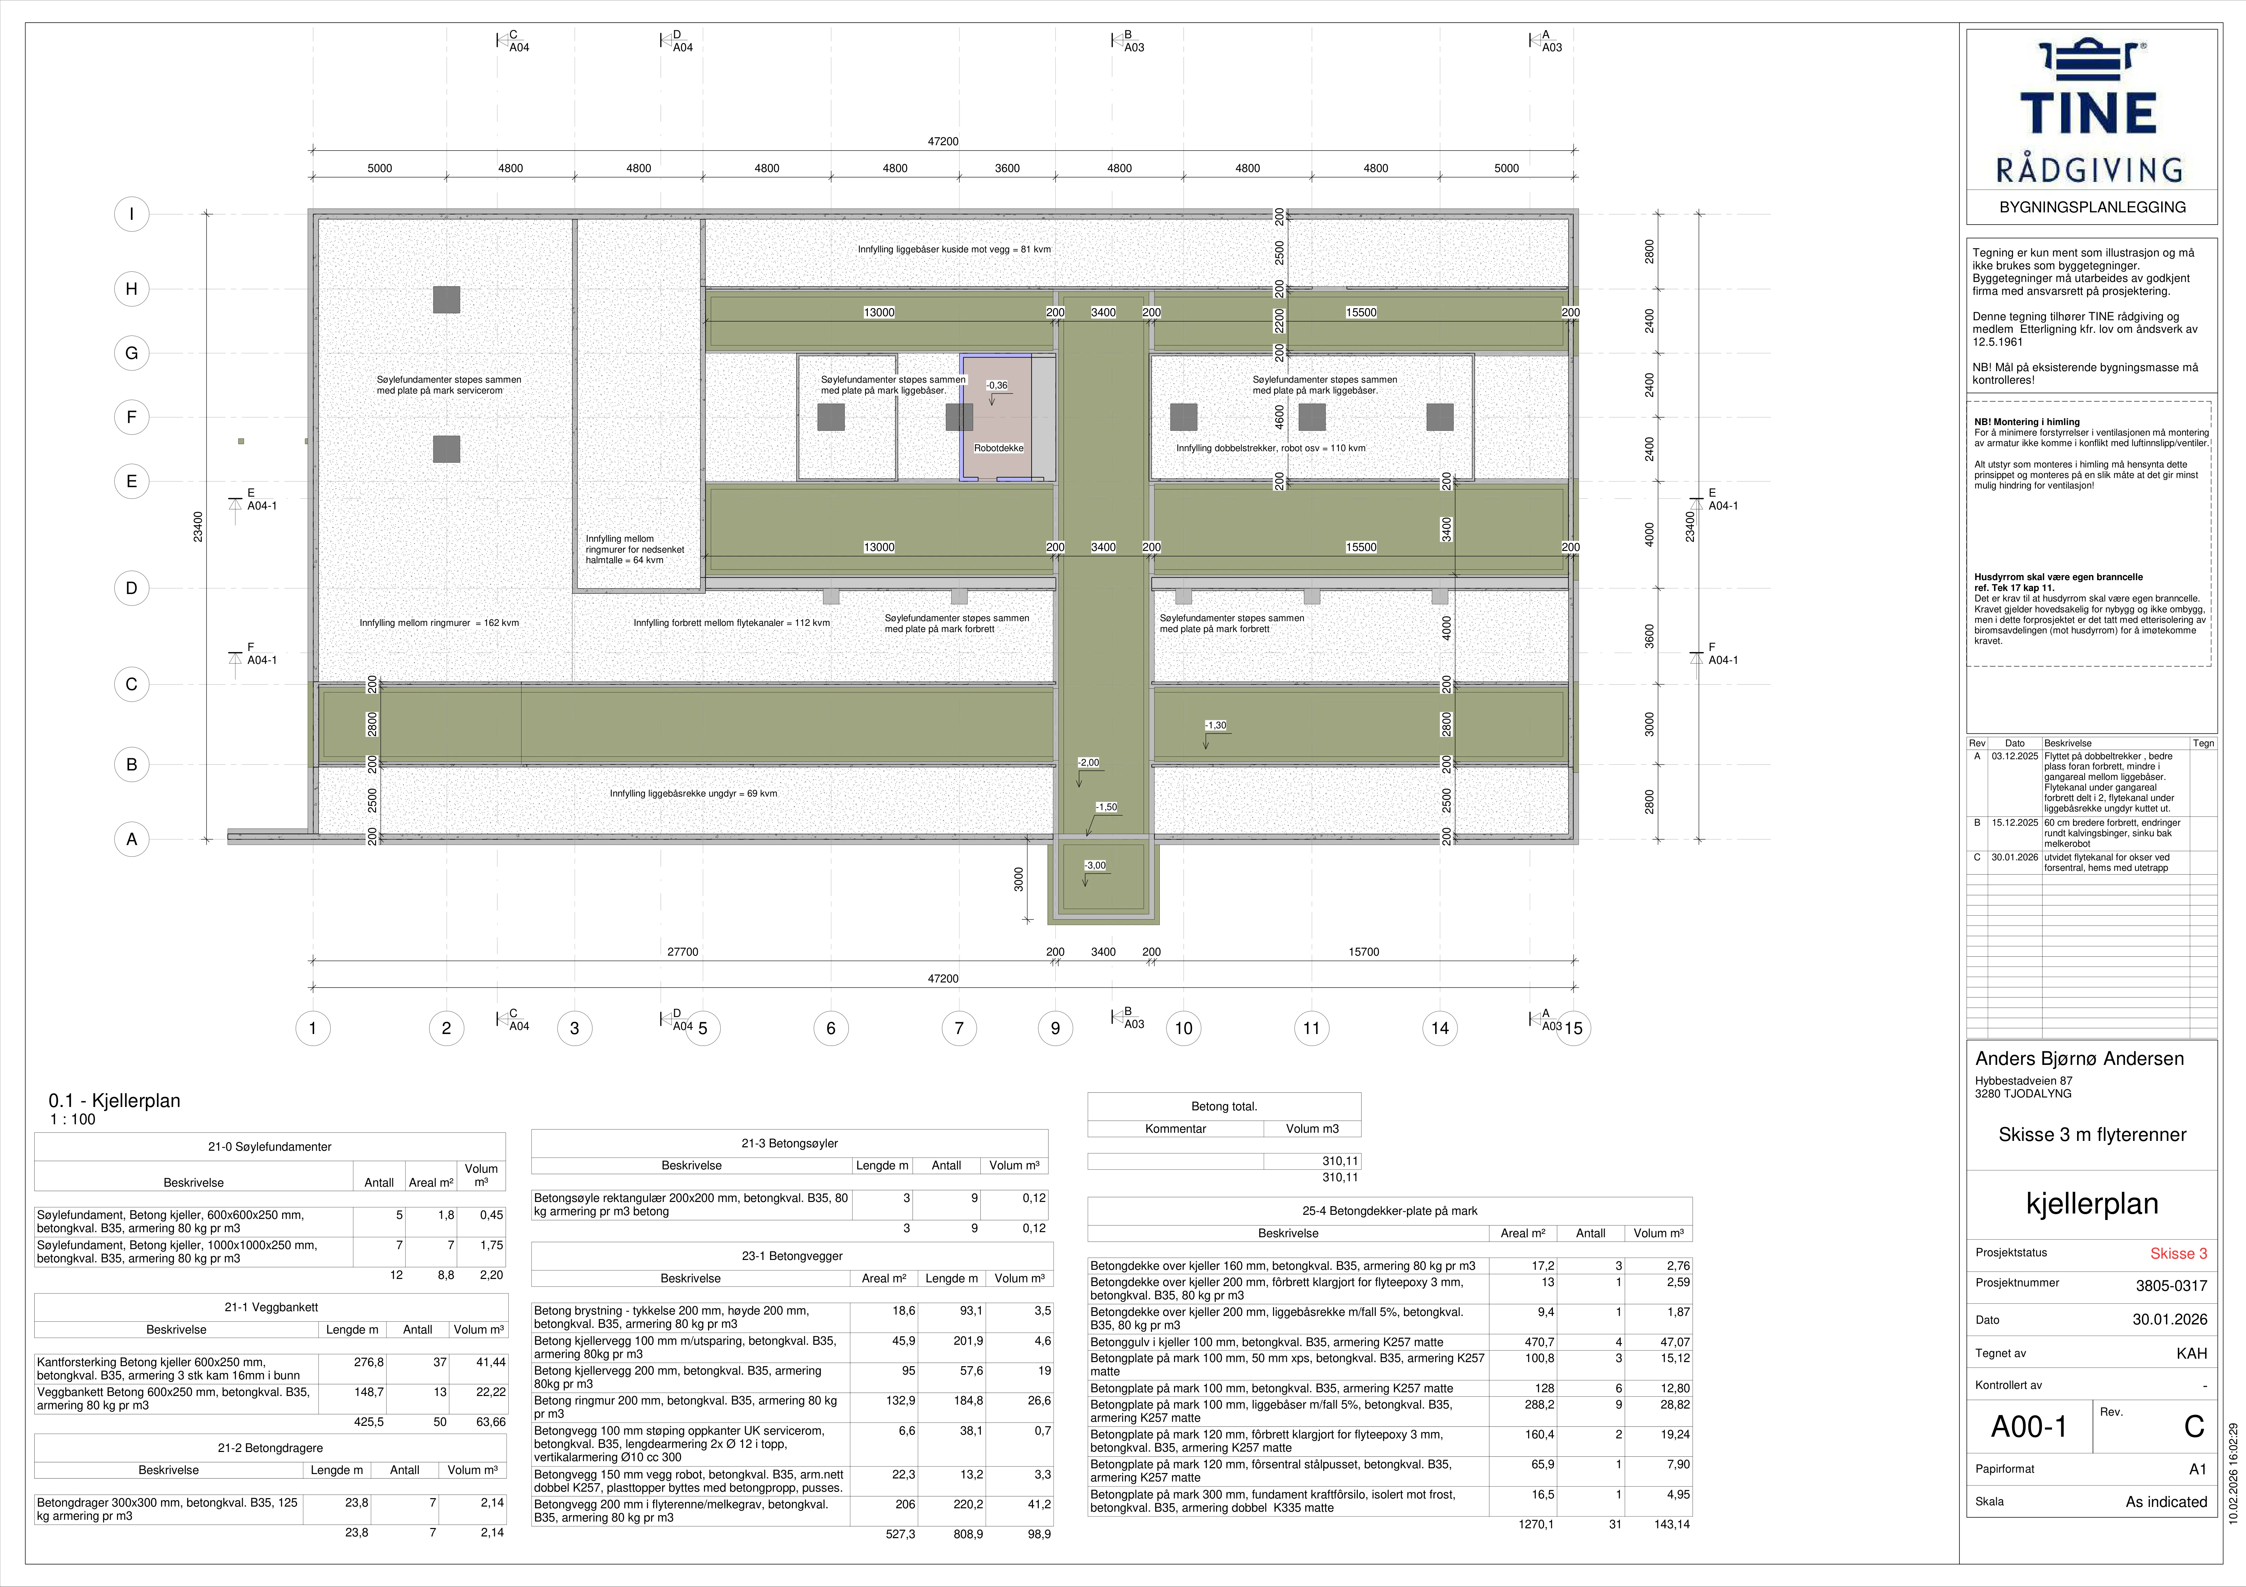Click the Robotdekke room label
(x=999, y=448)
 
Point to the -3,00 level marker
(x=1096, y=865)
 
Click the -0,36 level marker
(x=997, y=385)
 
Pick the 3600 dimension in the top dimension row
(x=1008, y=168)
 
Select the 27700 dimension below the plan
(x=683, y=952)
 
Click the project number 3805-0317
(x=2171, y=1286)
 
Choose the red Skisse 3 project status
(x=2177, y=1254)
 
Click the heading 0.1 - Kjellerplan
(x=114, y=1101)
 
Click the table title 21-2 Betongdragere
(x=270, y=1448)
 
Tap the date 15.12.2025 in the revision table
(x=2015, y=823)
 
